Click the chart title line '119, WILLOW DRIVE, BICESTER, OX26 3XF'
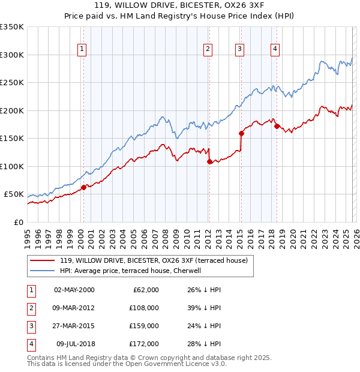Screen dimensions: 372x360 pos(179,7)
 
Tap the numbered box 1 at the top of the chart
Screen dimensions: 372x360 pos(82,49)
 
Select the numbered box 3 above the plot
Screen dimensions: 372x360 pos(239,49)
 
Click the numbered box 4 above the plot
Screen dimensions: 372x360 pos(274,49)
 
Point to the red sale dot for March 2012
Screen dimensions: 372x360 pos(209,161)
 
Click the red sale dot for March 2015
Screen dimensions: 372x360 pos(241,133)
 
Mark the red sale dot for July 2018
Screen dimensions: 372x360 pos(277,126)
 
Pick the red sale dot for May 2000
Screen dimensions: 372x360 pos(83,187)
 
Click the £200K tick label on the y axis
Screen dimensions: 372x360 pos(12,110)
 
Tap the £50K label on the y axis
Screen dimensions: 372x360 pos(14,194)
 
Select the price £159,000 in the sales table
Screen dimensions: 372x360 pos(145,327)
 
